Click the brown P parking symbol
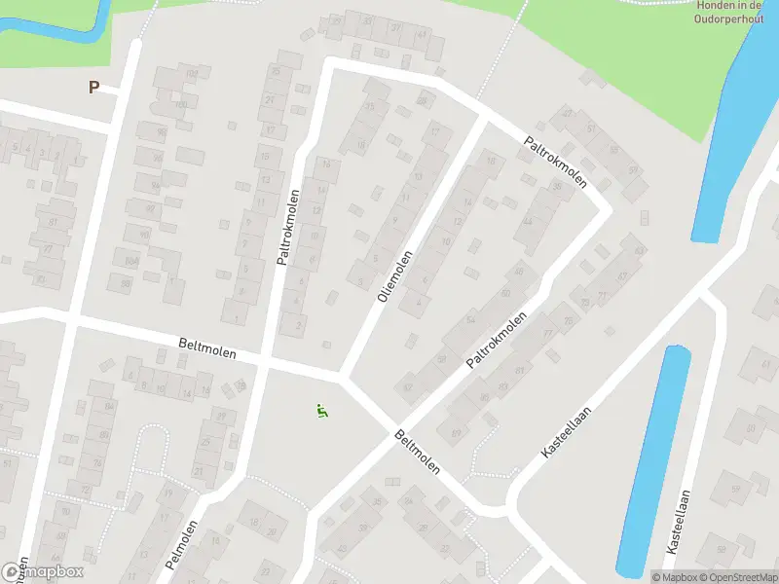(94, 87)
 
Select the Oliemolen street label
(395, 276)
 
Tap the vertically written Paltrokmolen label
(288, 228)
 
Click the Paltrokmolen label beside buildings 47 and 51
(556, 159)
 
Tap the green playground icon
(321, 411)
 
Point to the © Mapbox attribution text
(675, 577)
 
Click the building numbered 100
(180, 105)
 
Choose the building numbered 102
(193, 74)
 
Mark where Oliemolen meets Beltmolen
(343, 375)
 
